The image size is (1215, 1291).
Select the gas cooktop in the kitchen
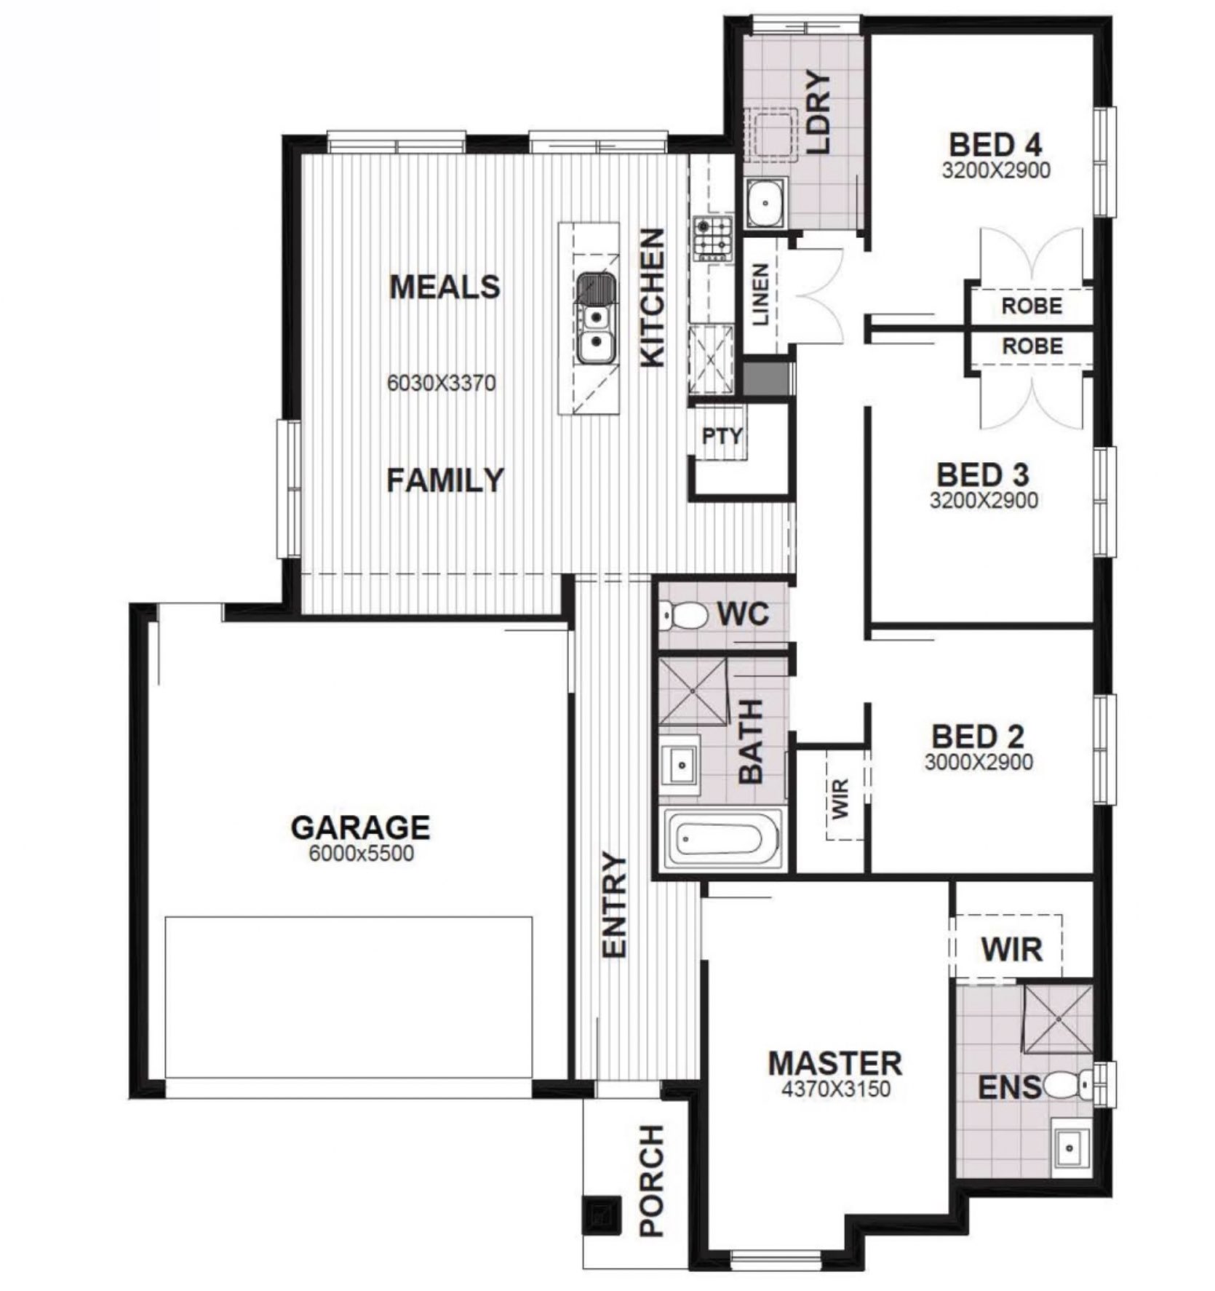point(712,238)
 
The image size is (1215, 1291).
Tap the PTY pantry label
point(722,436)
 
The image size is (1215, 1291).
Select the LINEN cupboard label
point(760,294)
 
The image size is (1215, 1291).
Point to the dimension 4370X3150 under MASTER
point(836,1089)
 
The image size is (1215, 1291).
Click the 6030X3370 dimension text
point(441,383)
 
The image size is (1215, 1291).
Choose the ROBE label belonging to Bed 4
point(1032,306)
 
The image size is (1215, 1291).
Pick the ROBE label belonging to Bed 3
point(1032,346)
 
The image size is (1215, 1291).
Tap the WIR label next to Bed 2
point(840,798)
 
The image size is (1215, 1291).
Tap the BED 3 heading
point(983,475)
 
